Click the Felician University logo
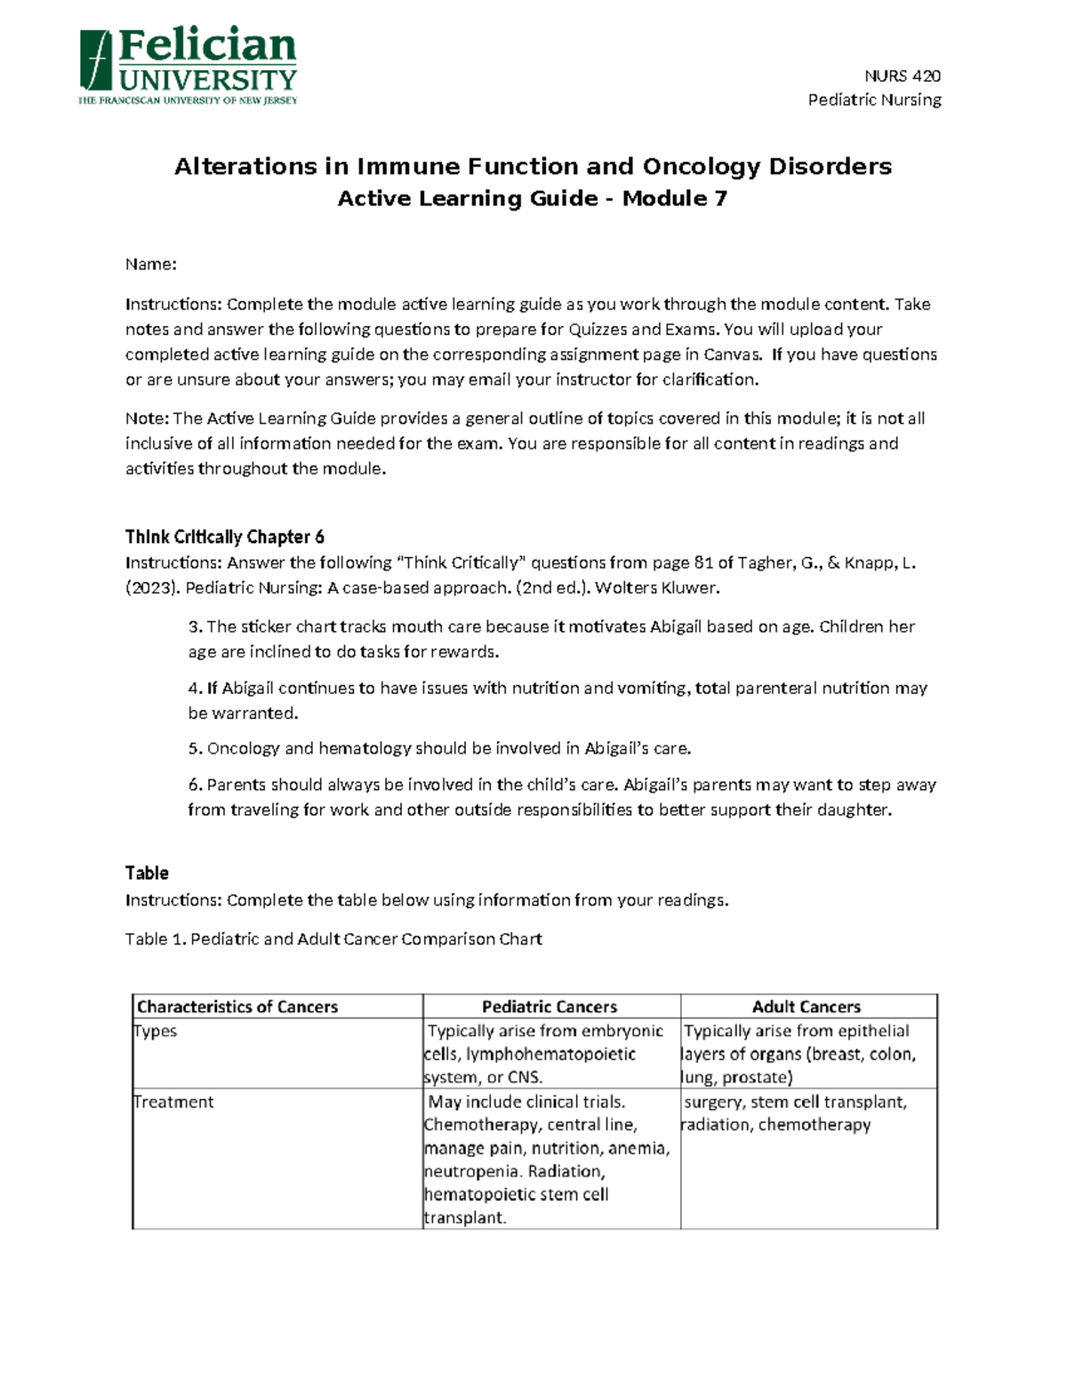point(188,67)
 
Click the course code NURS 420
point(903,76)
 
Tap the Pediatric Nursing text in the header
point(874,100)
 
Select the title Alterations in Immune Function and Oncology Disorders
point(533,167)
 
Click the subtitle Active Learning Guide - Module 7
point(533,199)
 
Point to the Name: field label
point(150,264)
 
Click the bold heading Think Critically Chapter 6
point(224,537)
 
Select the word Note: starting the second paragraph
point(147,419)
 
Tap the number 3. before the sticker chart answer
point(195,627)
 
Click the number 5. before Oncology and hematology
point(195,749)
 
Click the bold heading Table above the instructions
point(147,873)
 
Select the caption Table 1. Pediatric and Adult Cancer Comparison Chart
point(333,939)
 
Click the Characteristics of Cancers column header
point(237,1007)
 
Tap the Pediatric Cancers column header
point(550,1007)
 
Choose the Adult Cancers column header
point(806,1007)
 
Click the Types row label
point(155,1032)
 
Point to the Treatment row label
point(173,1103)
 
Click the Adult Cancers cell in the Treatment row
point(794,1113)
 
